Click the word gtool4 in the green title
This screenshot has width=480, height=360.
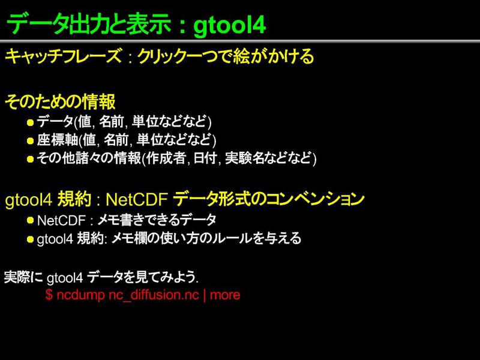tap(230, 25)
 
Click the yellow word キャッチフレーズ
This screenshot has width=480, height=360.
tap(64, 56)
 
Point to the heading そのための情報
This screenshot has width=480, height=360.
tap(60, 101)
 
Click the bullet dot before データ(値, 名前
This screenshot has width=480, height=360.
tap(30, 123)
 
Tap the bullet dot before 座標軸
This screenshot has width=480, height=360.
tap(30, 141)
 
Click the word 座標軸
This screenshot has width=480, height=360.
tap(58, 140)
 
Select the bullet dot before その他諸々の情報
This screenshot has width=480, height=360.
tap(30, 159)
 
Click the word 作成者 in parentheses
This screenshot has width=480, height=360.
tap(166, 158)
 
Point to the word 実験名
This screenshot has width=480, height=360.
tap(245, 158)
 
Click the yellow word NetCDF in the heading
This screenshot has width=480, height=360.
tap(137, 200)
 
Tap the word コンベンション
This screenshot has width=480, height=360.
tap(316, 199)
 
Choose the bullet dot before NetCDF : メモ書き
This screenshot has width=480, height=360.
tap(30, 220)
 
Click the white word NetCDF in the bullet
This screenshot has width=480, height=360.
tap(61, 220)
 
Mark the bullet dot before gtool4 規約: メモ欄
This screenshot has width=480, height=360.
tap(30, 239)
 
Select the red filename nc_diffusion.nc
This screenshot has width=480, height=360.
tap(154, 295)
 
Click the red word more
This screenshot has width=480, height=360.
tap(225, 295)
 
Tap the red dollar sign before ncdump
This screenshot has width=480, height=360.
tap(49, 295)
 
